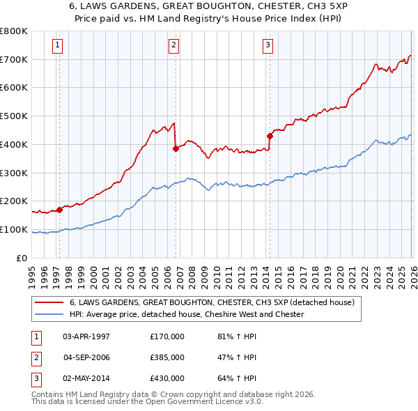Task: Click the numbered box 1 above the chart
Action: pos(56,46)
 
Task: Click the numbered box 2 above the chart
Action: pos(173,46)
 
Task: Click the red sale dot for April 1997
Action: pos(60,209)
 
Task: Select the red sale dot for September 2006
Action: pos(176,148)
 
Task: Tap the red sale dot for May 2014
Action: pos(270,136)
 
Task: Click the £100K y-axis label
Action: pos(13,230)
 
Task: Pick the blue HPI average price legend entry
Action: pos(187,314)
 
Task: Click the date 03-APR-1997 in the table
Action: pos(86,336)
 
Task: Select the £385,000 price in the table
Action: pos(167,357)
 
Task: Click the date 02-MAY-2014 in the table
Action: pos(86,378)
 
